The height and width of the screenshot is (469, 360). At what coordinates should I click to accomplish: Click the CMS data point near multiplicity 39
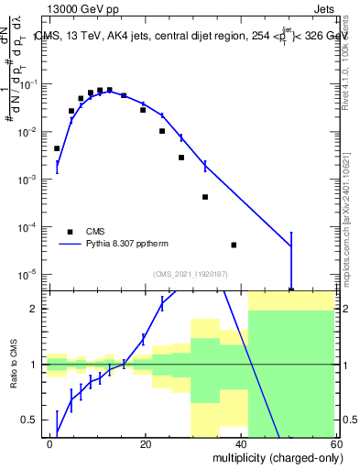pyautogui.click(x=235, y=245)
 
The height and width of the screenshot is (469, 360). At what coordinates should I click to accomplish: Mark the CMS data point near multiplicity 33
pyautogui.click(x=205, y=197)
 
